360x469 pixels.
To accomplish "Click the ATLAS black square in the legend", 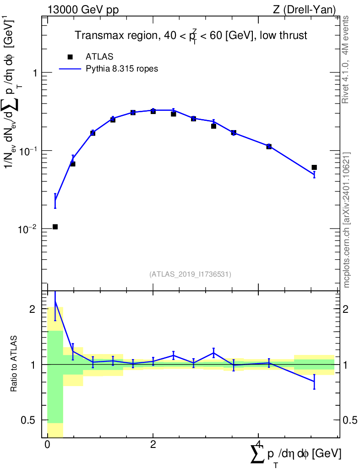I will click(70, 57).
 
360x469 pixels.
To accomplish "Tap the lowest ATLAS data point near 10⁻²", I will click(55, 227).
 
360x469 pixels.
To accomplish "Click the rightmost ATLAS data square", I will click(314, 167).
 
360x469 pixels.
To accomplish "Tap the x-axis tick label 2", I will click(153, 446).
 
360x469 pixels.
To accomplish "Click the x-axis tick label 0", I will click(47, 446).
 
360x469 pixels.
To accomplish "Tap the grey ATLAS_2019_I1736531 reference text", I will click(190, 274).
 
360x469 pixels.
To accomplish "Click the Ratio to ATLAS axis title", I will click(14, 364).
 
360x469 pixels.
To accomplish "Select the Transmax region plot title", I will click(191, 36).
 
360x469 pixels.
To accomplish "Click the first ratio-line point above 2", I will click(55, 301).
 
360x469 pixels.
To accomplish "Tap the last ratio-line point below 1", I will click(314, 381).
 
